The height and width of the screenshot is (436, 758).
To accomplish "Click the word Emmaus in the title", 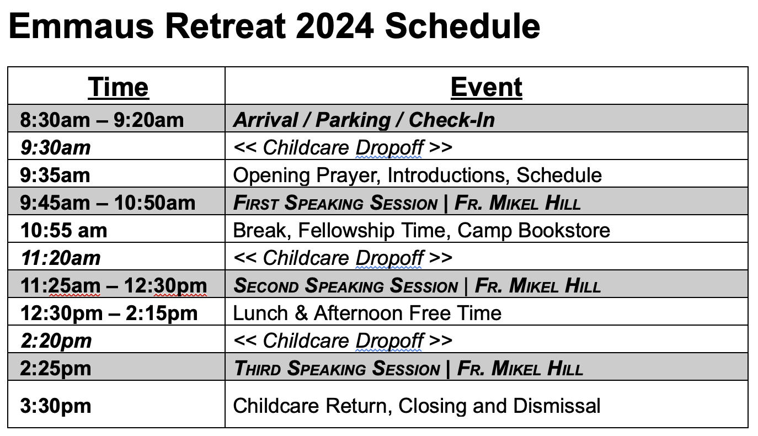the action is point(81,26).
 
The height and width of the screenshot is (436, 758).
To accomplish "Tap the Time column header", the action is point(118,87).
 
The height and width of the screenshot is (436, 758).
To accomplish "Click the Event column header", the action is point(486,87).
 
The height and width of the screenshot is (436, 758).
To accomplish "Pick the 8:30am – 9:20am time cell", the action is point(102,120).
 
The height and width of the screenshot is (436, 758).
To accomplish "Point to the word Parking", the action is point(353,120).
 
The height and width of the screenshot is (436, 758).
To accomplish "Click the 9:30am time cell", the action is point(56,148).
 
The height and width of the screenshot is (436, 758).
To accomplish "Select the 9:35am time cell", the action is point(55,176).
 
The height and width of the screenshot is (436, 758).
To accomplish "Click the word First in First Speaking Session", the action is point(255,203).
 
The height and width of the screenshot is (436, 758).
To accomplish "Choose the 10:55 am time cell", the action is point(63,231).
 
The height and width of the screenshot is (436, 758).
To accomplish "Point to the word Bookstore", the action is point(564,231).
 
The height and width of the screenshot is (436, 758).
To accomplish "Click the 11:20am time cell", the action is point(61,258).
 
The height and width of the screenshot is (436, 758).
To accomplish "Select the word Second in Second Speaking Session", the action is point(266,286).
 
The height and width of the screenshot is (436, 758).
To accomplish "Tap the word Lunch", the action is point(260,313).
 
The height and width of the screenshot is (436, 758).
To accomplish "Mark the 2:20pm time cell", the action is point(56,341).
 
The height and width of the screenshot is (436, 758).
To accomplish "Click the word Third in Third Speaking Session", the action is point(257,368).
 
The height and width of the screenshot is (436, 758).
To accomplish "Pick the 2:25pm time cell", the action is point(56,368).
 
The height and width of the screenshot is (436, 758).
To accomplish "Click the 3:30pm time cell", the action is point(56,406).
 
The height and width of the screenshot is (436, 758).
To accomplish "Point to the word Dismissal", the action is point(557,406).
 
